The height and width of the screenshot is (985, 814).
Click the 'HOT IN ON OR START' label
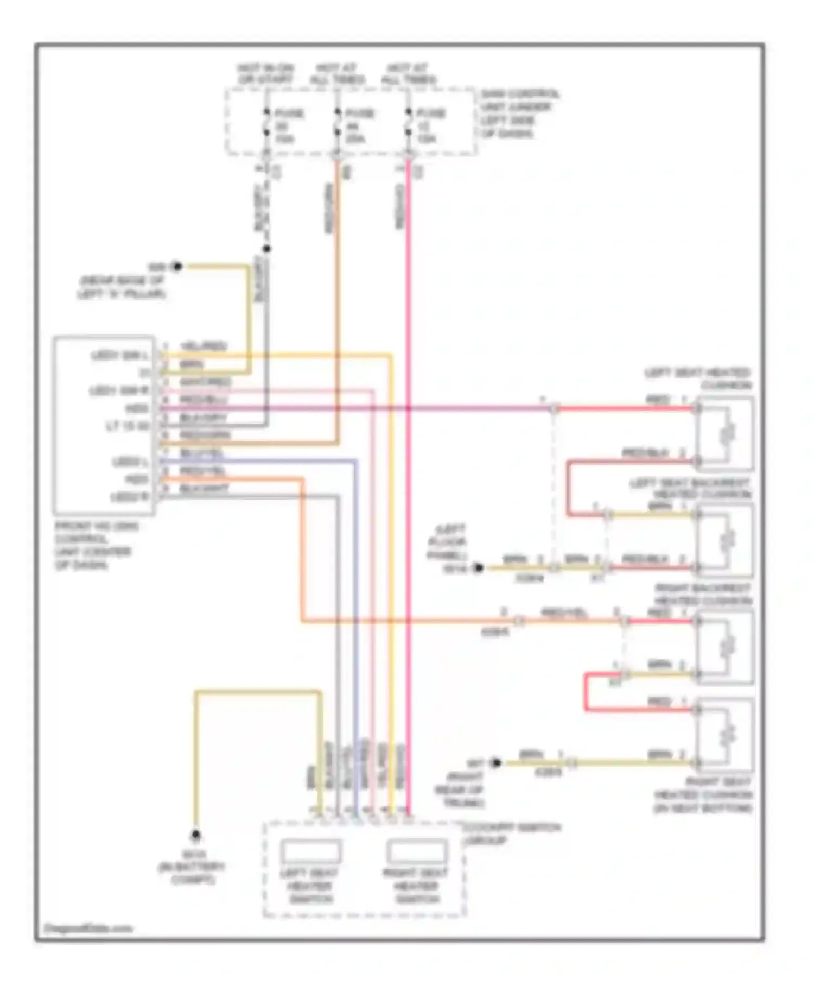pos(265,74)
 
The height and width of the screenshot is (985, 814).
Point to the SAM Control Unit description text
pos(519,114)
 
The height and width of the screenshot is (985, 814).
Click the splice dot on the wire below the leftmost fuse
pos(266,249)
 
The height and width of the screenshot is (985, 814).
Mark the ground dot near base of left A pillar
pos(176,267)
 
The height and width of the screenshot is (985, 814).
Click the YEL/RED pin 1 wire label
pos(203,346)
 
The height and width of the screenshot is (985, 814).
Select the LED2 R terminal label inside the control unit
pos(128,497)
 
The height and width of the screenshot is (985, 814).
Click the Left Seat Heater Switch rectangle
pos(310,851)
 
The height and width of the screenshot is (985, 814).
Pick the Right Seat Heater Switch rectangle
pos(417,851)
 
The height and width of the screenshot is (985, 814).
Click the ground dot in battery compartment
pos(195,835)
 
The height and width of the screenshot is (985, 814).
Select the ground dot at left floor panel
pos(478,568)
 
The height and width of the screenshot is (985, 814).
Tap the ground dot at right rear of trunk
pos(495,762)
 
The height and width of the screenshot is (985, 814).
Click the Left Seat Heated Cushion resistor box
pos(726,433)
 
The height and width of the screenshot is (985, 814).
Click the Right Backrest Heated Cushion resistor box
pos(726,647)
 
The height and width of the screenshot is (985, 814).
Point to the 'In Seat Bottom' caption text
pos(703,808)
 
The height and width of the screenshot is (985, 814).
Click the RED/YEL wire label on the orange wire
pos(564,613)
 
